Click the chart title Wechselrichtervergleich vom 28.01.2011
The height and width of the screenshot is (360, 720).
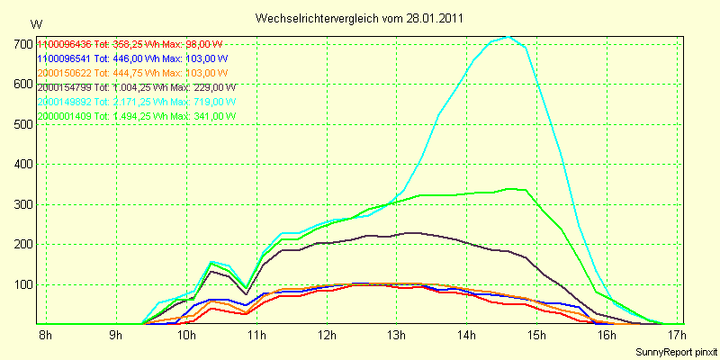360,18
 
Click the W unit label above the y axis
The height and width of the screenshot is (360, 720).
35,24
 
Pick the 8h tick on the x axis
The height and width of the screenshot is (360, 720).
43,337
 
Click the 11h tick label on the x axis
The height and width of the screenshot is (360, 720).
256,337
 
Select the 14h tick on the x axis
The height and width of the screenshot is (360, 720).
466,337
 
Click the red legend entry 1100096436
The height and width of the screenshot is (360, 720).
65,44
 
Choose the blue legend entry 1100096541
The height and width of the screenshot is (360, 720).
65,58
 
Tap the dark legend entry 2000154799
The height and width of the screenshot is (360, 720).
65,87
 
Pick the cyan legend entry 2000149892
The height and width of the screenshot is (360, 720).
65,102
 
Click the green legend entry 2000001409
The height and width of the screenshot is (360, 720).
65,116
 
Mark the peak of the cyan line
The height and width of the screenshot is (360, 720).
508,37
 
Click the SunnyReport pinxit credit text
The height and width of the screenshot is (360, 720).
674,352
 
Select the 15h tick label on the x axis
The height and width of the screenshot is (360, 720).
536,337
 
